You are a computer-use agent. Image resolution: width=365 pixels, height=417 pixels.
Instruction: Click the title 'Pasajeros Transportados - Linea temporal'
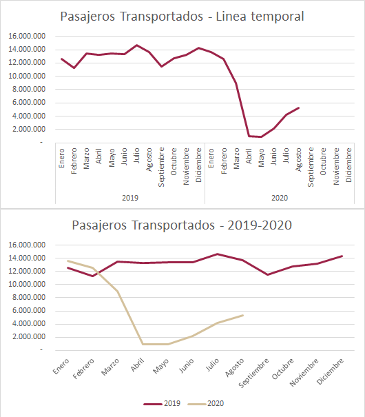click(x=182, y=17)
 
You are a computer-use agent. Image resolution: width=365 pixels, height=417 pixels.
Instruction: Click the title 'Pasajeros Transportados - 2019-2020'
click(x=182, y=225)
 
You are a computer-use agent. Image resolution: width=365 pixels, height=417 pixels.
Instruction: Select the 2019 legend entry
click(x=162, y=404)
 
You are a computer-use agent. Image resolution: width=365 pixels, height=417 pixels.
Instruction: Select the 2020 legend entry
click(x=206, y=404)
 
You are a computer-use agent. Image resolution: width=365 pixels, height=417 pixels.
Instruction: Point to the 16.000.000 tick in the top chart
click(x=27, y=36)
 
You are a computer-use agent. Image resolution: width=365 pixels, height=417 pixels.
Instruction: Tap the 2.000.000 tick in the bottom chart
click(x=29, y=336)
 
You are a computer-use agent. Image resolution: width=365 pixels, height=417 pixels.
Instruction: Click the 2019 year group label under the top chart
click(x=130, y=198)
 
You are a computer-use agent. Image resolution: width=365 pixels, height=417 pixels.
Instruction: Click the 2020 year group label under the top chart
click(x=280, y=198)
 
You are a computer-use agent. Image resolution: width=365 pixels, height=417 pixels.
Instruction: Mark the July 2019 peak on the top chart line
click(x=136, y=45)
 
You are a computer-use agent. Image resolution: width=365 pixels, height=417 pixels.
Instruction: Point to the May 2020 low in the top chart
click(x=262, y=136)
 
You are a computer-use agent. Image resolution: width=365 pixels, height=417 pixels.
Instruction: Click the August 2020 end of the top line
click(x=299, y=108)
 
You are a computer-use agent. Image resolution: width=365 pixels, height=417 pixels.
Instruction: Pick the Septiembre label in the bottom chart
click(x=253, y=373)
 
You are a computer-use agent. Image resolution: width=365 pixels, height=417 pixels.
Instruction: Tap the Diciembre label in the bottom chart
click(x=330, y=372)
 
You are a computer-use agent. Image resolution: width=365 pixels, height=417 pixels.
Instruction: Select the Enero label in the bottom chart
click(x=61, y=366)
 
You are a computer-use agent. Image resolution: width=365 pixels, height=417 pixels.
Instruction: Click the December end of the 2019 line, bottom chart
click(x=342, y=256)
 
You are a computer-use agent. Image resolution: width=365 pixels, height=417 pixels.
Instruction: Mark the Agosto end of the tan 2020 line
click(x=242, y=316)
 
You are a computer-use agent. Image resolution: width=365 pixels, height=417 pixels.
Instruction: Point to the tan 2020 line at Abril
click(x=143, y=344)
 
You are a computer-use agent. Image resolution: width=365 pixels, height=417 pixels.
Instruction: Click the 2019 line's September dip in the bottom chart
click(x=267, y=274)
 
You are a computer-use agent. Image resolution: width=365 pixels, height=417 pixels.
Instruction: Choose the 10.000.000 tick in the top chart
click(x=27, y=76)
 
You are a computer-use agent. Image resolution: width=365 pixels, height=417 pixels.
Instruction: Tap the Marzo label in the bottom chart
click(x=110, y=367)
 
